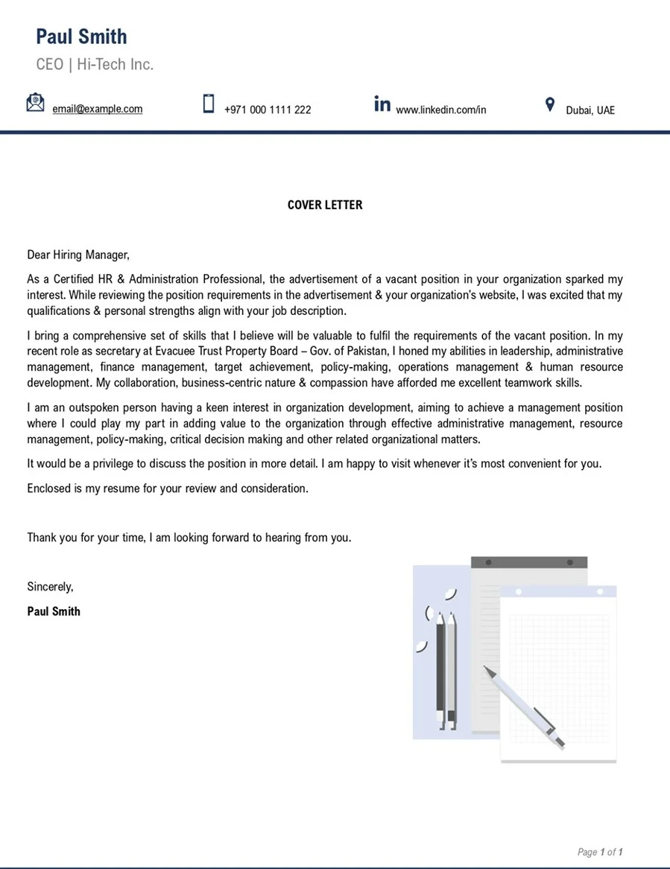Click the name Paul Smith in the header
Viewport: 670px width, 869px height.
click(x=81, y=36)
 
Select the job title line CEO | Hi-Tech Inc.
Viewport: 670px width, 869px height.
click(x=95, y=65)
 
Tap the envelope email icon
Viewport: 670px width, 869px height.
click(x=35, y=103)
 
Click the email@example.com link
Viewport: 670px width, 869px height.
click(x=97, y=109)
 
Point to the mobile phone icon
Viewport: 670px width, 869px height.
click(x=209, y=104)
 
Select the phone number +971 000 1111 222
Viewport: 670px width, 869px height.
click(x=268, y=109)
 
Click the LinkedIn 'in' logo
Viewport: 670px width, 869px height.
click(x=382, y=104)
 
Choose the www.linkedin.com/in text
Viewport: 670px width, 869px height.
click(x=440, y=110)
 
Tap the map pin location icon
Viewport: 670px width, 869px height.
click(x=550, y=104)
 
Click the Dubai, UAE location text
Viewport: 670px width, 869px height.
click(x=590, y=110)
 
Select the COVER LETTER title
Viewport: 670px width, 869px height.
click(x=325, y=205)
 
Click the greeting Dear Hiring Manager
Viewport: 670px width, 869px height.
click(x=78, y=255)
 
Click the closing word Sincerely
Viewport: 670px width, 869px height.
click(x=50, y=586)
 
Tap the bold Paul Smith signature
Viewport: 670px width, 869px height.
click(x=54, y=611)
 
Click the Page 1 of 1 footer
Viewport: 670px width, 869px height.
click(x=600, y=852)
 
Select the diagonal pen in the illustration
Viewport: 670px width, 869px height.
click(x=525, y=707)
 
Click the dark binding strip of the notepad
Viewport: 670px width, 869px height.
click(x=529, y=562)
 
